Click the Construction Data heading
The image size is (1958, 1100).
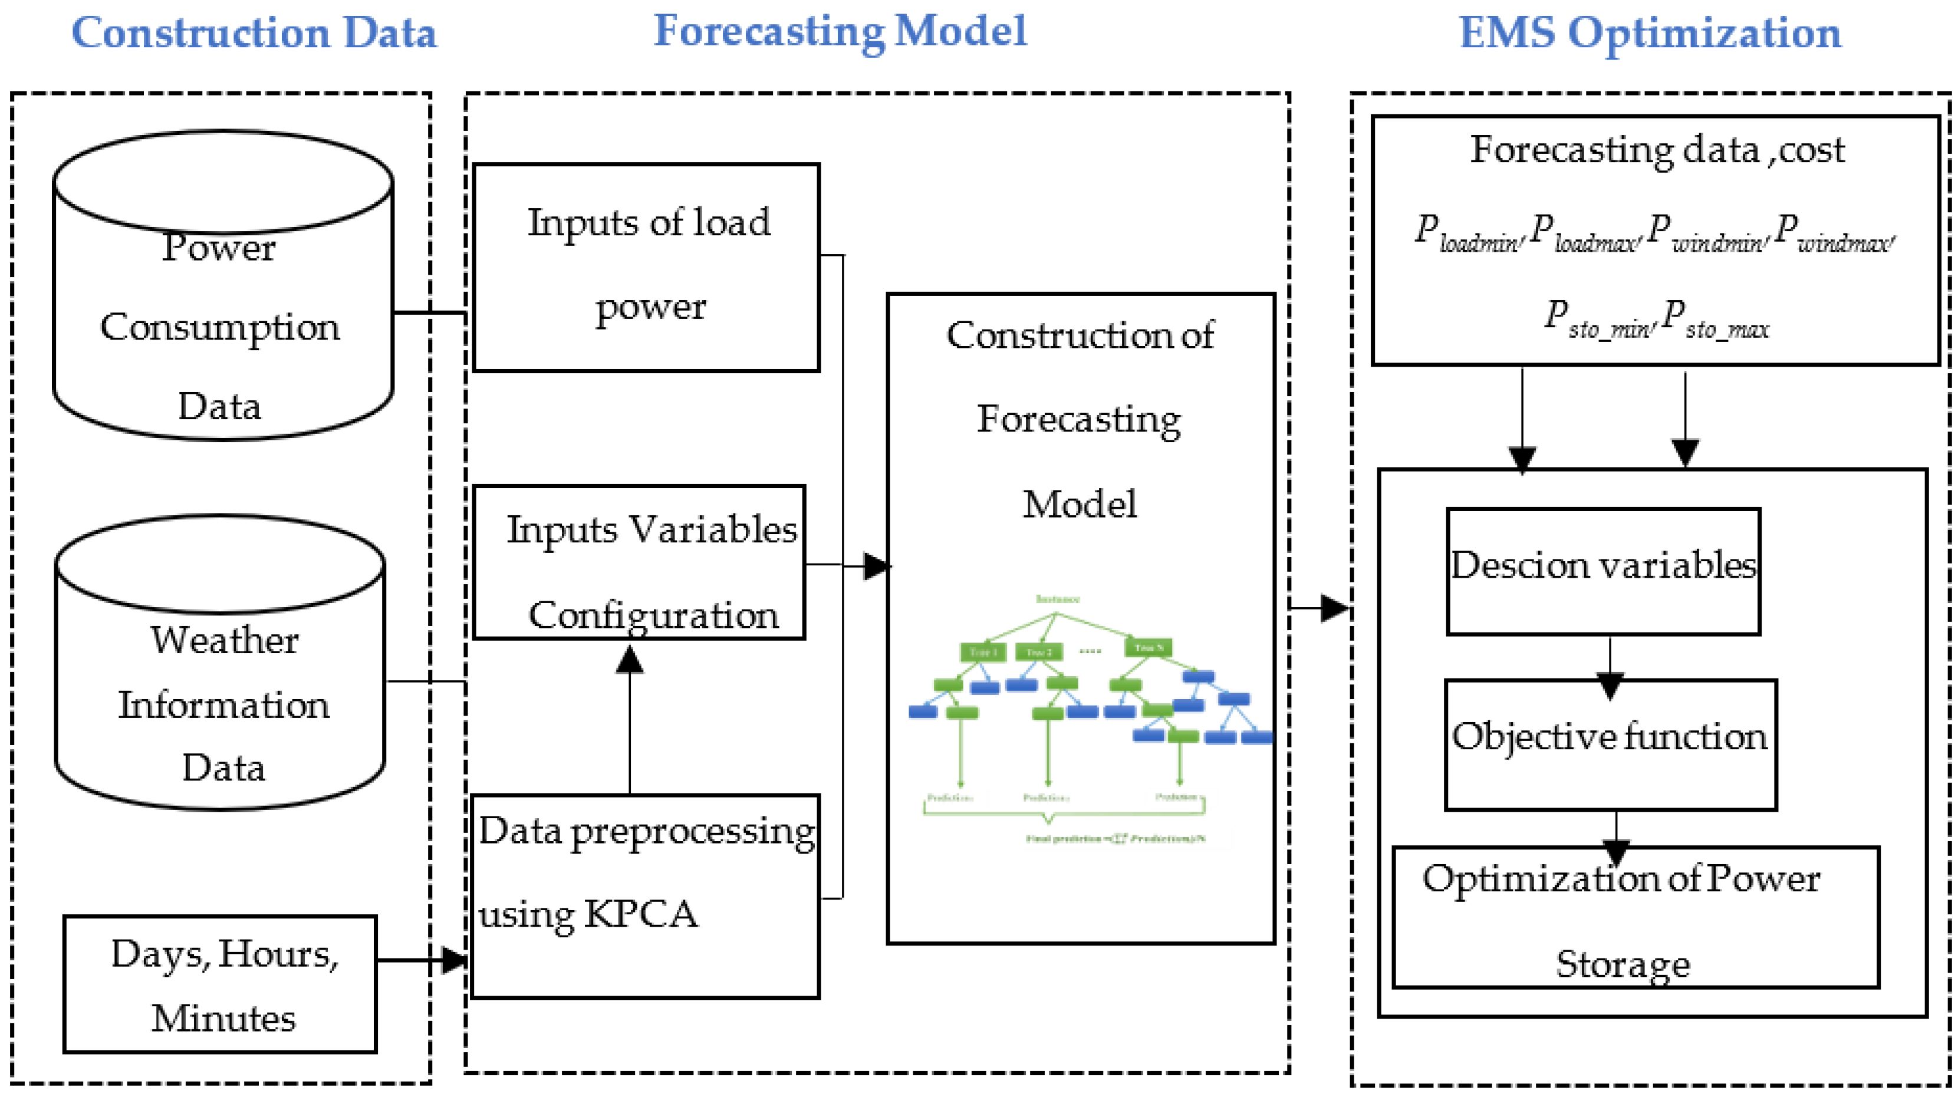[x=254, y=34]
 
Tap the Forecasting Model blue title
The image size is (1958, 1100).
[x=840, y=32]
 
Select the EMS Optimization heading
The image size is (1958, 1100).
[x=1650, y=34]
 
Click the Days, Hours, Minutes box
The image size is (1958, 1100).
[x=221, y=984]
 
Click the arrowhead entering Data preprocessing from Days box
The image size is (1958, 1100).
[x=455, y=960]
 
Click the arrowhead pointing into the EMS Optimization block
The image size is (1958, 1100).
[x=1334, y=608]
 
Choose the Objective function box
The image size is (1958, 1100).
[x=1610, y=745]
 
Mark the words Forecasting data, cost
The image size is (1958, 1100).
[x=1657, y=150]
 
